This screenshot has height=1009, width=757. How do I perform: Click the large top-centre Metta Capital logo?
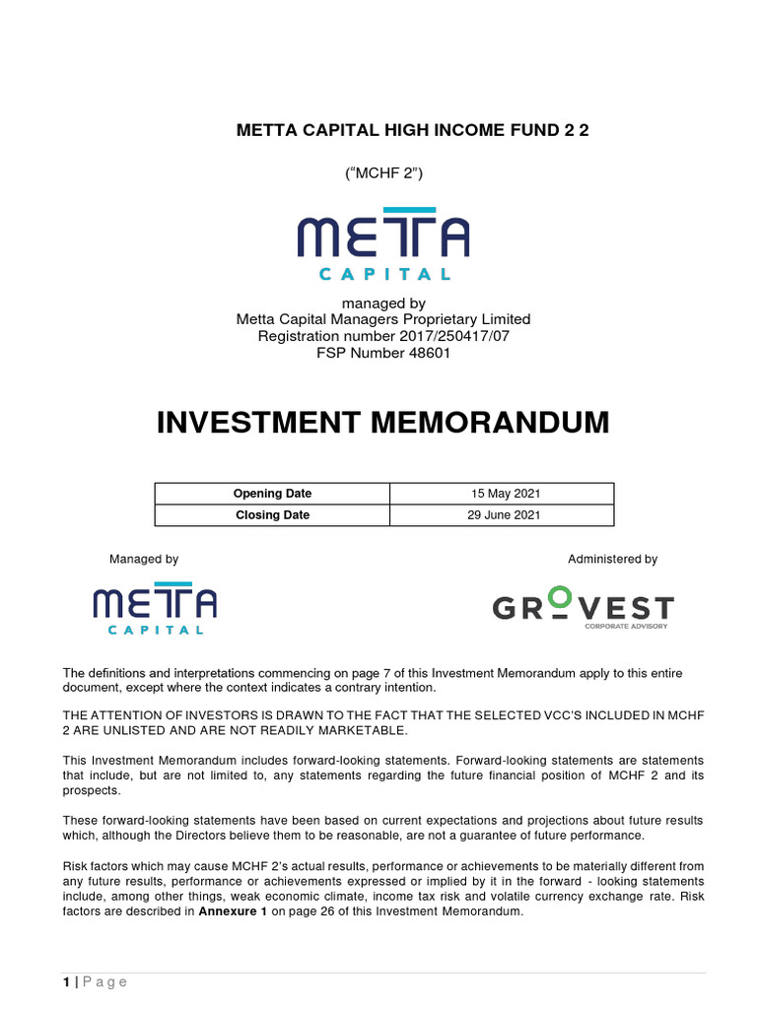click(383, 243)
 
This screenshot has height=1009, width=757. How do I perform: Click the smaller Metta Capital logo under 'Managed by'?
click(155, 611)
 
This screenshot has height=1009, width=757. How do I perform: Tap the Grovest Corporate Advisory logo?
click(583, 608)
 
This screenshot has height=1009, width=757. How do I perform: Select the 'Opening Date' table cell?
click(272, 494)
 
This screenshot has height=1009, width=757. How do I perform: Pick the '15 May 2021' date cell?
click(501, 494)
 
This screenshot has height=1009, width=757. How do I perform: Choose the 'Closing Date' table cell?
click(272, 514)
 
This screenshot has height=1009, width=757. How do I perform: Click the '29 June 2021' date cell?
click(501, 514)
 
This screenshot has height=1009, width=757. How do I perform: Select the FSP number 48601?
click(426, 353)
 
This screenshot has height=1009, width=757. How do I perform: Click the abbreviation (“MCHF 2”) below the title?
click(383, 173)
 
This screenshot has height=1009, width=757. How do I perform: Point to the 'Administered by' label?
click(612, 559)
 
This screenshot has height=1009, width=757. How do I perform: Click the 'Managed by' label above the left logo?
click(144, 559)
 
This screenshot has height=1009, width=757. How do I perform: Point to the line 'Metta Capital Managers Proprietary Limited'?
click(383, 319)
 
